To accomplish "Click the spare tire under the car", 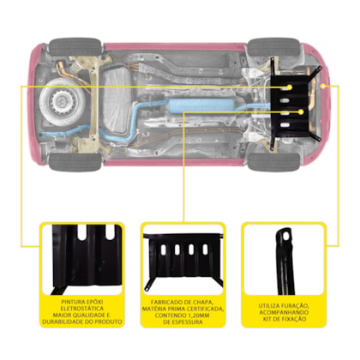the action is point(63,101).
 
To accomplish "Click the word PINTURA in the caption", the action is point(72,302).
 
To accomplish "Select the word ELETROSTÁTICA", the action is point(82,309).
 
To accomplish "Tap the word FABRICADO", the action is point(166,302).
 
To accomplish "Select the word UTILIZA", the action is point(269,306).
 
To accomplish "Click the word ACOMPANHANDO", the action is point(284,312).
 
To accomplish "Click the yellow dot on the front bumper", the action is point(323,86).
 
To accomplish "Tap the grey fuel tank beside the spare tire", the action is point(117,99).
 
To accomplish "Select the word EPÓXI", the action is point(93,302).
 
